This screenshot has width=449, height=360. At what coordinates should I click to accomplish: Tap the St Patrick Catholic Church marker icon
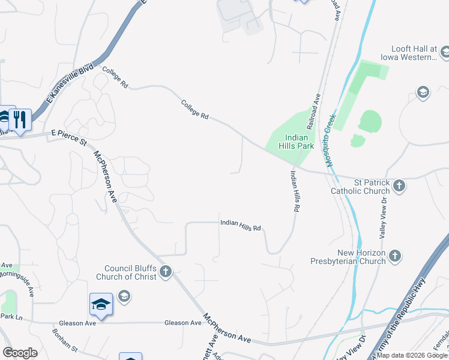coord(399,187)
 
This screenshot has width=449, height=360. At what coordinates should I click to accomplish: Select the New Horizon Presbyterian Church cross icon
coord(394,256)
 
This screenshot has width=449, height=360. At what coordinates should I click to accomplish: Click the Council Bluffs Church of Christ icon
coord(166,272)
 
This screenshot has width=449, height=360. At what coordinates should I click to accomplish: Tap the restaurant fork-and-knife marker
coord(20,119)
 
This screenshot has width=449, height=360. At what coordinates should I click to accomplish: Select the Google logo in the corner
coord(20,353)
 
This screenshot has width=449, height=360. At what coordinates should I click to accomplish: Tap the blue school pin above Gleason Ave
coord(101,304)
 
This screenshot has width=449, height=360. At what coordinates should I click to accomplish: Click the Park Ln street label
coord(11,316)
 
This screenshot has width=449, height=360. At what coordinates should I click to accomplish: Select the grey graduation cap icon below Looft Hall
coord(423,92)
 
